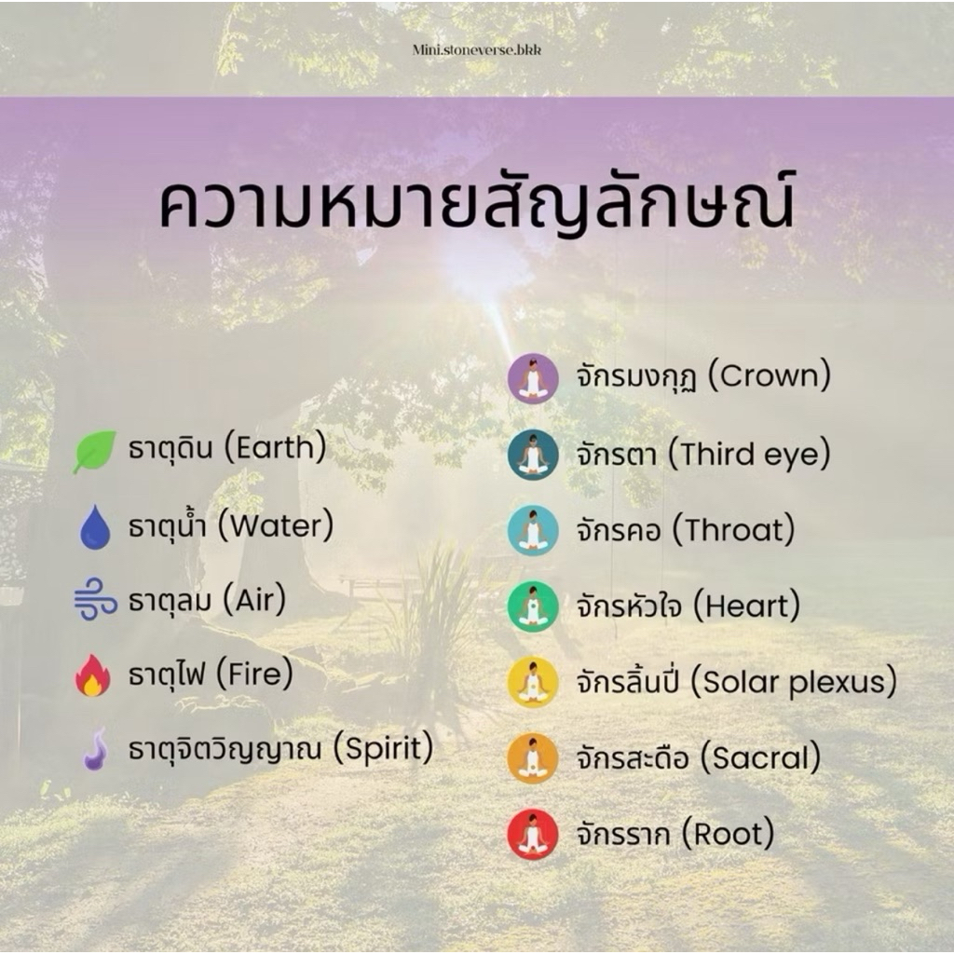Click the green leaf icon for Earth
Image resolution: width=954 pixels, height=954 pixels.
point(94,451)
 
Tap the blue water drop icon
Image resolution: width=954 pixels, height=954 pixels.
point(96,527)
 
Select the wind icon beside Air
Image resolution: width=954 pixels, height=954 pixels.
point(95,600)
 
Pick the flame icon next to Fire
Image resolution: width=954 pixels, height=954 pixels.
point(93,675)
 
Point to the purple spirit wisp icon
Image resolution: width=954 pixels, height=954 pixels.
point(96,748)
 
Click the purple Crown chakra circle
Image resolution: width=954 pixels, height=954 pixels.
point(533,378)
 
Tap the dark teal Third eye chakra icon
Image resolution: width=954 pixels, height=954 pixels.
point(533,455)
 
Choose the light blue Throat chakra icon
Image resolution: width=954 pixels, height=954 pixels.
point(533,530)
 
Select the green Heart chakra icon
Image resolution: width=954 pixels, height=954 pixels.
point(533,606)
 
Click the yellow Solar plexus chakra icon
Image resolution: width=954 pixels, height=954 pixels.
point(533,682)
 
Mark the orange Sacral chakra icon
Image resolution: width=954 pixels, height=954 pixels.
point(533,758)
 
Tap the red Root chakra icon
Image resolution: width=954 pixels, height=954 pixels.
point(533,834)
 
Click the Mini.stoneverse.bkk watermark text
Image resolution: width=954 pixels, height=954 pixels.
point(476,50)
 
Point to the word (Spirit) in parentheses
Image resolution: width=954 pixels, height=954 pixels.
point(383,749)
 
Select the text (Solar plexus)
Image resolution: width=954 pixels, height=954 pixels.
point(794,683)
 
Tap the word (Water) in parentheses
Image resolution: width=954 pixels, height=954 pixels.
point(276,526)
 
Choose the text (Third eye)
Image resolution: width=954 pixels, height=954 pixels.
point(750,455)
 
